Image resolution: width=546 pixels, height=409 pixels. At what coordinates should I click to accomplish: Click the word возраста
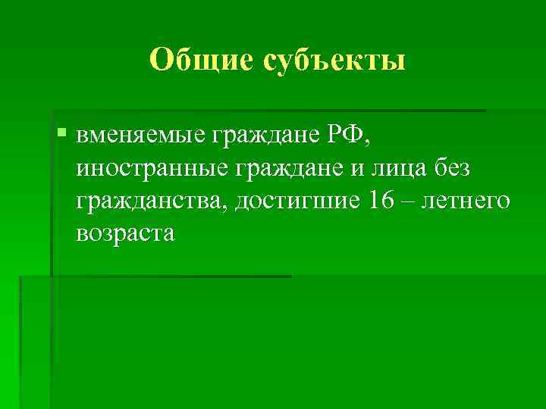click(125, 234)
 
